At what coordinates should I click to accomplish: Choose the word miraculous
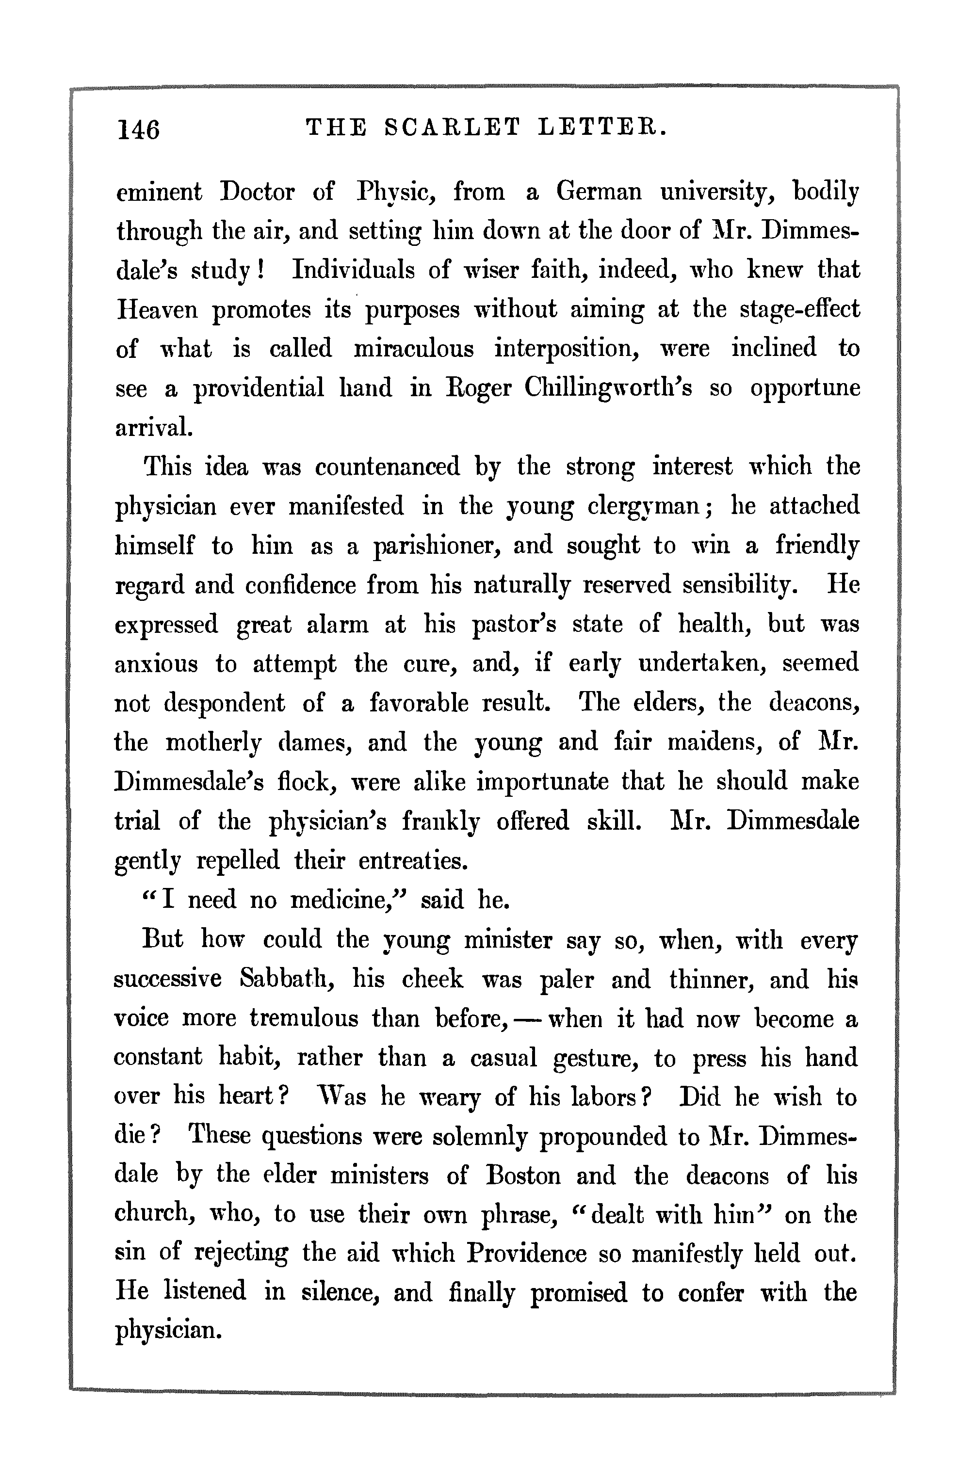pyautogui.click(x=414, y=349)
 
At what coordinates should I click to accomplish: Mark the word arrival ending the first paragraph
pyautogui.click(x=154, y=427)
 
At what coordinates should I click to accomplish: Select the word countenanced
pyautogui.click(x=388, y=467)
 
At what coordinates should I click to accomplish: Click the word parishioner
pyautogui.click(x=438, y=546)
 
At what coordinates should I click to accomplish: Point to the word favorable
pyautogui.click(x=419, y=703)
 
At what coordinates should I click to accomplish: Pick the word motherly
pyautogui.click(x=213, y=743)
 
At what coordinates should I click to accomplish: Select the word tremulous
pyautogui.click(x=304, y=1018)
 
